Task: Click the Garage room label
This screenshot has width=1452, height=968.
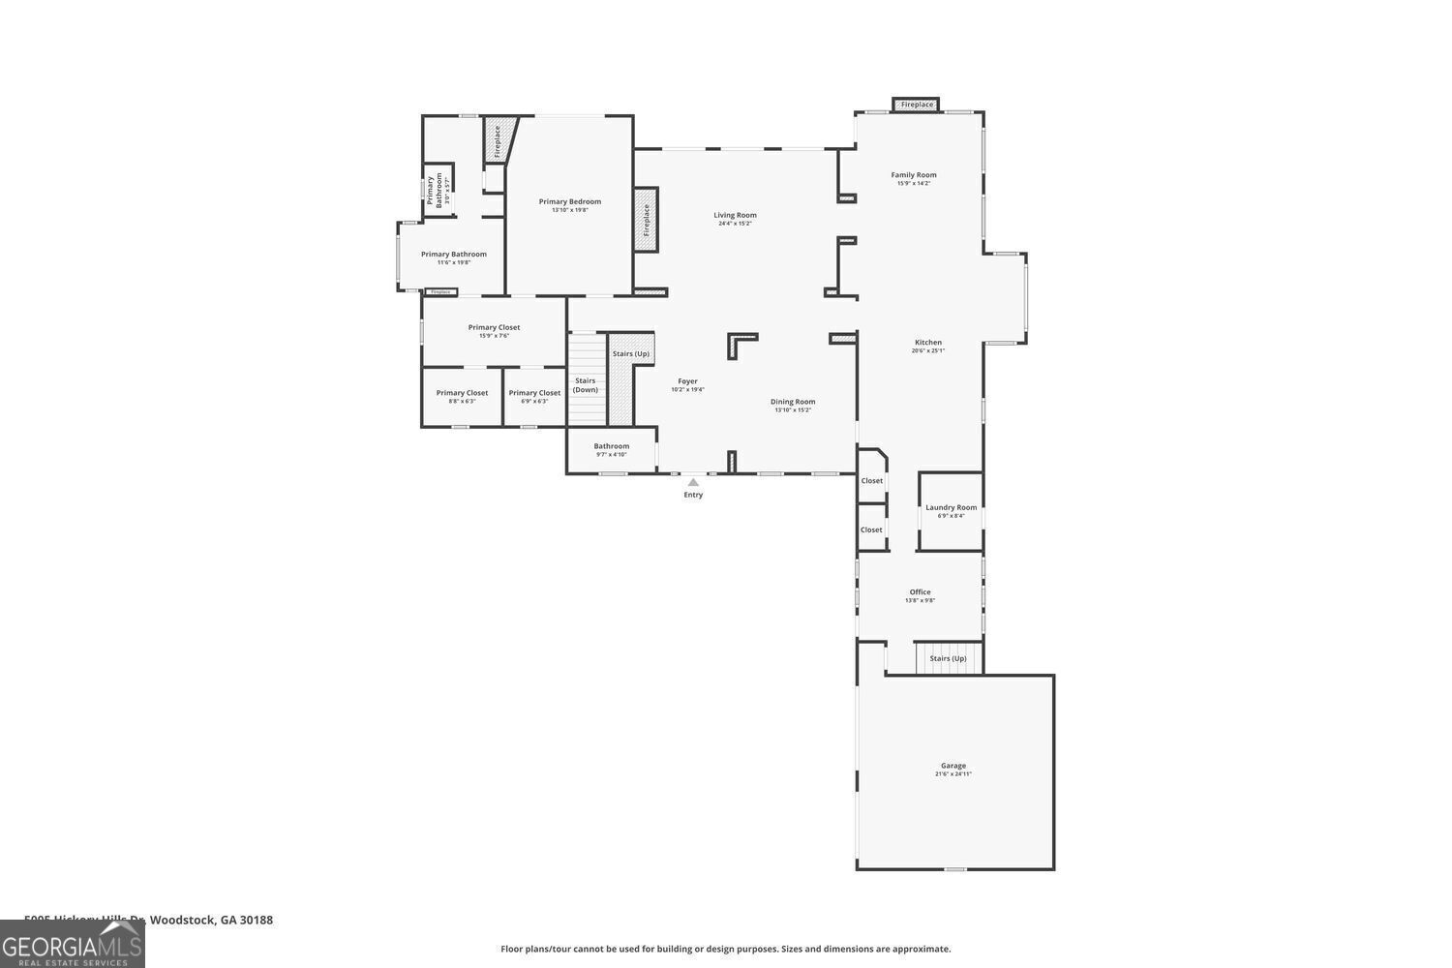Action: (953, 766)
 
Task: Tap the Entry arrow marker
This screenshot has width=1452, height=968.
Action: (693, 481)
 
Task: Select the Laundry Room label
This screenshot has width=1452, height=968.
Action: (951, 507)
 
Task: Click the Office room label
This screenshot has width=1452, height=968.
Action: (920, 592)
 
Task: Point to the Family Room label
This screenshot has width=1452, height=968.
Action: (914, 175)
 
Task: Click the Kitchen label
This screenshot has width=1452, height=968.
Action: (927, 343)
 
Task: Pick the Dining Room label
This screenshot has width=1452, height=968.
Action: (793, 402)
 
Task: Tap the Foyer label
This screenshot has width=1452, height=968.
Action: (687, 381)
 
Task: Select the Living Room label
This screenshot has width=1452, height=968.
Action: (735, 215)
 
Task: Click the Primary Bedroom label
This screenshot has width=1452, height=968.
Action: (570, 201)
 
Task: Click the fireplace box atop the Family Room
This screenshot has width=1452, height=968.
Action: (916, 105)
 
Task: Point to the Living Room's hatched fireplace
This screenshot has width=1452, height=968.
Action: (646, 220)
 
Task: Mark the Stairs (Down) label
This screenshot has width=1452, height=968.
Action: (586, 385)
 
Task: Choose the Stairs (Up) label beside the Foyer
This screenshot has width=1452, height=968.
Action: (631, 353)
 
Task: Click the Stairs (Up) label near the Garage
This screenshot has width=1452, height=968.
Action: (948, 658)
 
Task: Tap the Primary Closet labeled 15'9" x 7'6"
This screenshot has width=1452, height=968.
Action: (494, 327)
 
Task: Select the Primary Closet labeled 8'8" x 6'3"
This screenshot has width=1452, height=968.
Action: (462, 393)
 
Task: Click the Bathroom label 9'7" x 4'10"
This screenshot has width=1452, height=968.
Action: (612, 446)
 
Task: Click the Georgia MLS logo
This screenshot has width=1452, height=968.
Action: (72, 945)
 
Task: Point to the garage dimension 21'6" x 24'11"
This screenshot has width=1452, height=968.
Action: (953, 774)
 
